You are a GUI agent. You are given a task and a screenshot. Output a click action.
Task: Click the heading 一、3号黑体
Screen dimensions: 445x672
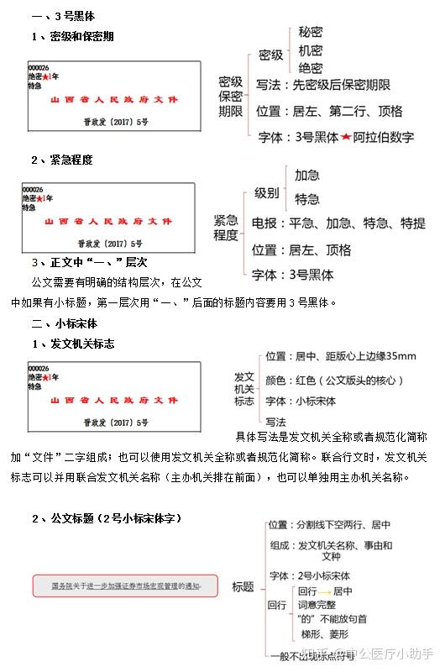point(64,16)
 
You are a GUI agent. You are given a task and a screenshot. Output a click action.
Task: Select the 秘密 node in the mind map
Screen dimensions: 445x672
point(310,32)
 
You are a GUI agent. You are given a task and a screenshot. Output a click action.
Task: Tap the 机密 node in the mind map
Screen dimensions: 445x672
point(310,50)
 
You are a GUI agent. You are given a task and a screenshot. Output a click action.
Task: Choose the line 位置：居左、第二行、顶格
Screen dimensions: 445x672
point(329,111)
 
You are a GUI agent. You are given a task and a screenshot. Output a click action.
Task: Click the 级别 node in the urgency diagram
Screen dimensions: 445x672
point(267,192)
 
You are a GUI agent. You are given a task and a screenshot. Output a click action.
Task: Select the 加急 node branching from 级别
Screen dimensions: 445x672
point(306,176)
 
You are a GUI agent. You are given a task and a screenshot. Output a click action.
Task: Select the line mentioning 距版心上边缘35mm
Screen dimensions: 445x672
point(340,356)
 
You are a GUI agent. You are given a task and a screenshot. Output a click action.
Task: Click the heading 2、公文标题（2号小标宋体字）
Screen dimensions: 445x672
point(106,518)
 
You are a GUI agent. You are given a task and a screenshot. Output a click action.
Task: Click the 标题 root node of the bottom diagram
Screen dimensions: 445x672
point(243,586)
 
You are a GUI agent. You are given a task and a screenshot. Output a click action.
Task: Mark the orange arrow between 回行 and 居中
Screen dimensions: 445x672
point(321,591)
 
